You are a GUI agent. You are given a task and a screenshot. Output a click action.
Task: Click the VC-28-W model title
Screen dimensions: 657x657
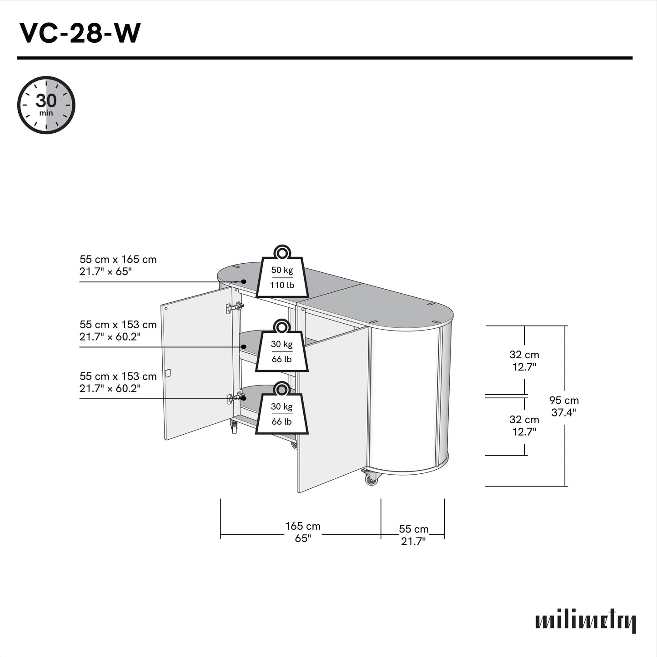(x=80, y=33)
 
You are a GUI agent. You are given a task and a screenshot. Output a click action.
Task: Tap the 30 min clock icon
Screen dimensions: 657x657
(x=46, y=105)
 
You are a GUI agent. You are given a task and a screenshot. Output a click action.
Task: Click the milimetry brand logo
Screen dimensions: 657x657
(x=585, y=621)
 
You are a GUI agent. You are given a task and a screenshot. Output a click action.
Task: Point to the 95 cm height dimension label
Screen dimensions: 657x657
(x=564, y=406)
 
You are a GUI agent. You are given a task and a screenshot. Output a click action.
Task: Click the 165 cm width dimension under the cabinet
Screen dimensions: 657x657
(x=303, y=532)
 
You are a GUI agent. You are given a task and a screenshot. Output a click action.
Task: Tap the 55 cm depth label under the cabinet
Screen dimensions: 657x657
(x=413, y=535)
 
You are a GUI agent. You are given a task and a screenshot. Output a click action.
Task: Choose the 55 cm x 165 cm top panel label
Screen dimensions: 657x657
(x=118, y=266)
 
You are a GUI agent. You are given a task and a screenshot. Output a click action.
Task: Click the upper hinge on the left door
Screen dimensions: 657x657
(x=234, y=307)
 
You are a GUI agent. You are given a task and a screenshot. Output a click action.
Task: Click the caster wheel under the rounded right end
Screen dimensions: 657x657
(x=371, y=479)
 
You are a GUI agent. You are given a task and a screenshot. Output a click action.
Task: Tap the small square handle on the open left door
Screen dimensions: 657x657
(x=168, y=373)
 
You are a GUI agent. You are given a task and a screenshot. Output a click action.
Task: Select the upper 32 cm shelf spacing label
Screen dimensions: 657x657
(x=524, y=361)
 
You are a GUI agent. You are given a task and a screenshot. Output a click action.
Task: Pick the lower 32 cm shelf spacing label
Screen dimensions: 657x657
(x=524, y=426)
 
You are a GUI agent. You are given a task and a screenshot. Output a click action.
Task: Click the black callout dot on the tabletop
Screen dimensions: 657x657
(x=244, y=281)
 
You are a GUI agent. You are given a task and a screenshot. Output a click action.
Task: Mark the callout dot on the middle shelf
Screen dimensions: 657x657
(x=244, y=347)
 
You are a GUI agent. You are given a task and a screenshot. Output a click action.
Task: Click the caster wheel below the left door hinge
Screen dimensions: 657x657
(x=234, y=427)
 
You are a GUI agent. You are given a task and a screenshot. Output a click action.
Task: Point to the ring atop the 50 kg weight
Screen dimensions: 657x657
(x=282, y=252)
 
